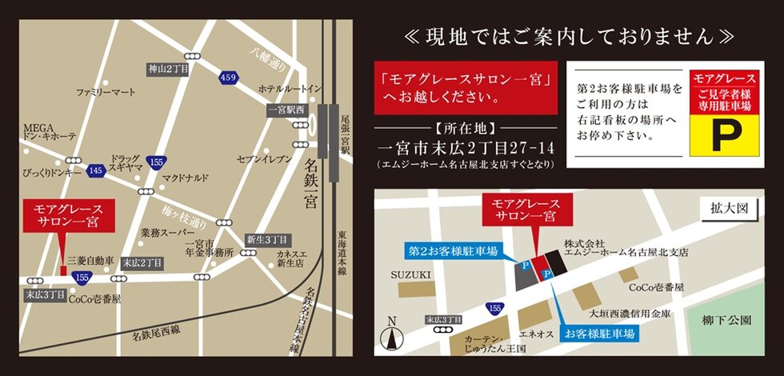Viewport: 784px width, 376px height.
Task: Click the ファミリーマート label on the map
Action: click(x=106, y=93)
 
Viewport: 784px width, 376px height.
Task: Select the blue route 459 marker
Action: click(x=229, y=77)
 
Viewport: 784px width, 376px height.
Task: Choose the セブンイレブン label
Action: click(x=263, y=159)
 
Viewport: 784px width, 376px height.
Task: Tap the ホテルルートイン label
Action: click(x=290, y=88)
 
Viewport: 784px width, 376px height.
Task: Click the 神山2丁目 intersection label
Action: click(x=168, y=70)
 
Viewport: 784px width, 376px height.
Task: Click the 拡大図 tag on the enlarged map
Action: click(x=728, y=208)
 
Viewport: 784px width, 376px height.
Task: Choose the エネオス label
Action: click(x=536, y=335)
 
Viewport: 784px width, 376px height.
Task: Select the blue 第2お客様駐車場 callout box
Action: click(x=453, y=251)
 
